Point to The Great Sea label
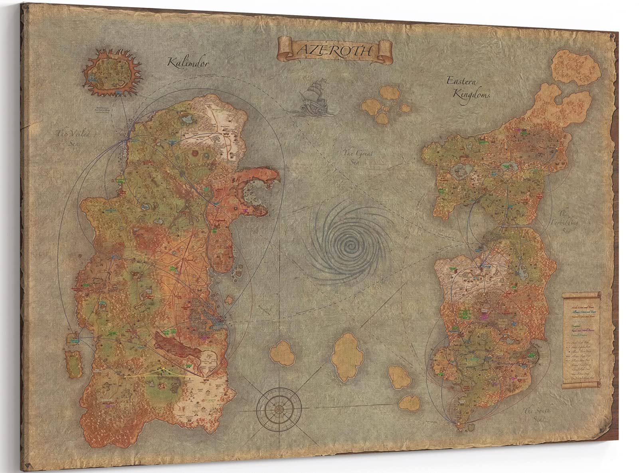[354, 156]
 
